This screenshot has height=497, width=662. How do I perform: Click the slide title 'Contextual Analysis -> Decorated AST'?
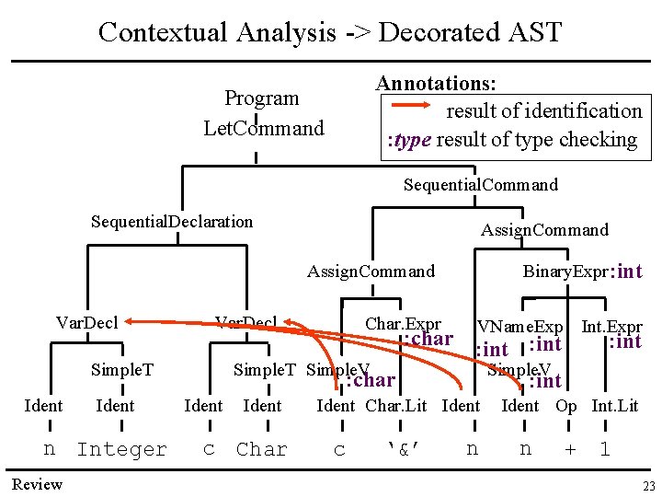[x=330, y=32]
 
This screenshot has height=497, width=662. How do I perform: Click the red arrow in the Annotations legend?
[x=410, y=106]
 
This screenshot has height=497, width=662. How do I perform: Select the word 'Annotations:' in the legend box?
[x=437, y=83]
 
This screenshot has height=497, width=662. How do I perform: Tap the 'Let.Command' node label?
[x=264, y=128]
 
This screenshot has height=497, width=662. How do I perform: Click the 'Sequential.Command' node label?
[x=480, y=185]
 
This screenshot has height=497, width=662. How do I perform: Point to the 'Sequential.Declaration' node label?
[x=172, y=221]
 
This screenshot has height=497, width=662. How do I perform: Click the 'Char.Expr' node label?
[x=403, y=324]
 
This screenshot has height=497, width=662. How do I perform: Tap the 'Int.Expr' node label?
[x=611, y=327]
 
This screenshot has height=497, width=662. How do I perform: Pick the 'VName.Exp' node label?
[x=520, y=327]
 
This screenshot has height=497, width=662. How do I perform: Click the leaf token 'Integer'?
[x=121, y=450]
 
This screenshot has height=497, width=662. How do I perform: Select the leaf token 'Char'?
[x=262, y=450]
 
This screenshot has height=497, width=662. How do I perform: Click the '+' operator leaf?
[x=570, y=450]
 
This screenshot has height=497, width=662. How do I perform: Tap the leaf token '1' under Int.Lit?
[x=604, y=450]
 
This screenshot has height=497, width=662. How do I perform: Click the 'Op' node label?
[x=566, y=406]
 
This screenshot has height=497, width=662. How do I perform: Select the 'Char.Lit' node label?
[x=396, y=406]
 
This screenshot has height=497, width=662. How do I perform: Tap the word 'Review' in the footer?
[x=37, y=485]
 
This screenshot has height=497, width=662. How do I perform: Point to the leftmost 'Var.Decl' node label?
[x=86, y=322]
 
